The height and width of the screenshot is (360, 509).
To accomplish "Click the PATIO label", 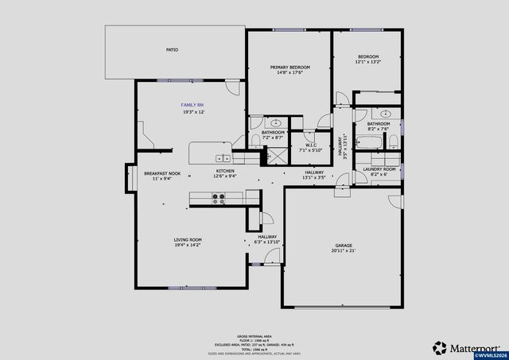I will pos(172,49).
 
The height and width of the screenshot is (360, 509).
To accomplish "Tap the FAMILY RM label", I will pos(193,105).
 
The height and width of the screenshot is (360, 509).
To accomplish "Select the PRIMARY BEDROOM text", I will pos(289,67).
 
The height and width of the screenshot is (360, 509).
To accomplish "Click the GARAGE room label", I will pos(344,245).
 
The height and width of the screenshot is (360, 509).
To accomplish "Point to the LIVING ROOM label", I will pos(188,239).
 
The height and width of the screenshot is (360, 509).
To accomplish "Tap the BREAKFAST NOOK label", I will pos(162,173).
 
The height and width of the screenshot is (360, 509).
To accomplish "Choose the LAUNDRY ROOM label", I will pos(379,169).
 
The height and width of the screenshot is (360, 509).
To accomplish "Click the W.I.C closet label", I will pos(309,145).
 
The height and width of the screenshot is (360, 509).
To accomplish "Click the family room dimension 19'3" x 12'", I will pos(193,112).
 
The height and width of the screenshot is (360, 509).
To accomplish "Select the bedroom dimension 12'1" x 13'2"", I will pos(368,62).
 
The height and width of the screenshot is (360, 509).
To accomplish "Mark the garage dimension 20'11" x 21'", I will pos(344,250).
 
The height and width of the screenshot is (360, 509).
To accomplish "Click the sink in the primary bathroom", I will pos(277,124).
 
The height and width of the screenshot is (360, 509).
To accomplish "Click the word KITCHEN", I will pos(225,171).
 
